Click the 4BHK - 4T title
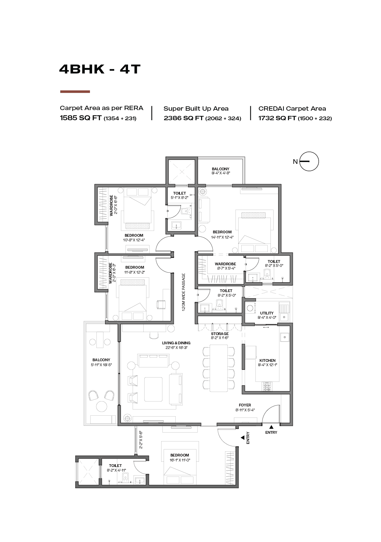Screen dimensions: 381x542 pyautogui.click(x=100, y=69)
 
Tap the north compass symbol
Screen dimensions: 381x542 pyautogui.click(x=309, y=161)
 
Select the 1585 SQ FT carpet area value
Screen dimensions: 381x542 pyautogui.click(x=81, y=118)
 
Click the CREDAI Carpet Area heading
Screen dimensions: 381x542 pyautogui.click(x=292, y=109)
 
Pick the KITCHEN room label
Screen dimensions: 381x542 pyautogui.click(x=267, y=361)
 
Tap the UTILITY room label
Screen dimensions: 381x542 pyautogui.click(x=267, y=313)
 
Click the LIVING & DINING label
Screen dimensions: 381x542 pyautogui.click(x=176, y=343)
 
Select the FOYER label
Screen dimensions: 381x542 pyautogui.click(x=245, y=405)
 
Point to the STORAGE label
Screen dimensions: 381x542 pyautogui.click(x=220, y=334)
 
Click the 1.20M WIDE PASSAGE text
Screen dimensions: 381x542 pyautogui.click(x=184, y=292)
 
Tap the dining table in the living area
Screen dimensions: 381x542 pyautogui.click(x=219, y=368)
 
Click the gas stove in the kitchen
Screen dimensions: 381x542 pyautogui.click(x=267, y=387)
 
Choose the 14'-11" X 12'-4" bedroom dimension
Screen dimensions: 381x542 pyautogui.click(x=222, y=237)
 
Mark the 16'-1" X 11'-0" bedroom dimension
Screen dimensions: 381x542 pyautogui.click(x=180, y=460)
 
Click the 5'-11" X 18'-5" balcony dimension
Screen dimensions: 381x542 pyautogui.click(x=101, y=365)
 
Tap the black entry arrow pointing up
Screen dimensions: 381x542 pyautogui.click(x=271, y=427)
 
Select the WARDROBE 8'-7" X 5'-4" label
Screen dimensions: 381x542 pyautogui.click(x=225, y=266)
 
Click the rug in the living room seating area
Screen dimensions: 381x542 pyautogui.click(x=154, y=389)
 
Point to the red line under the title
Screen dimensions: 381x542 pyautogui.click(x=75, y=92)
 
